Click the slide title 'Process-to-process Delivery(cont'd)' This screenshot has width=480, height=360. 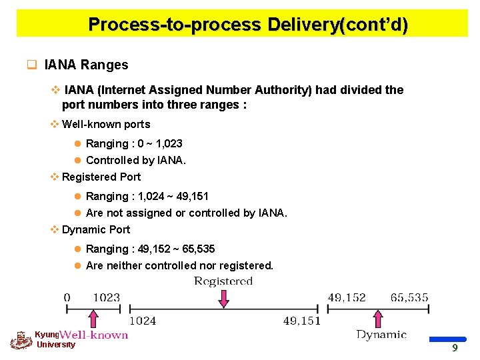click(x=247, y=25)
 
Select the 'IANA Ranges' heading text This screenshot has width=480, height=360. click(x=86, y=65)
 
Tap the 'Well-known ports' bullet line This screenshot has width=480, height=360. click(x=105, y=124)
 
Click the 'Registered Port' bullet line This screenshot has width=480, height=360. click(x=101, y=177)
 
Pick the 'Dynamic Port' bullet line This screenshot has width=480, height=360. click(x=95, y=229)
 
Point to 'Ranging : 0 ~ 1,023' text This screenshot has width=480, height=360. click(x=134, y=143)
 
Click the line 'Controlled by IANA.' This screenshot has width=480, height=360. click(x=136, y=160)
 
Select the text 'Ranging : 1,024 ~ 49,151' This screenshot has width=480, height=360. click(x=147, y=196)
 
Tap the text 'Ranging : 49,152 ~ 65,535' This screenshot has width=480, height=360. click(x=150, y=249)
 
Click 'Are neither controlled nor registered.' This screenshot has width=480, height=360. click(x=179, y=265)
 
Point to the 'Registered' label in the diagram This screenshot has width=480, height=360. click(x=223, y=281)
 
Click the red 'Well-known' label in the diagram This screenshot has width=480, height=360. click(x=95, y=335)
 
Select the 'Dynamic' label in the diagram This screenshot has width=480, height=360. click(x=381, y=335)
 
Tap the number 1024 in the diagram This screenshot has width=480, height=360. click(x=142, y=321)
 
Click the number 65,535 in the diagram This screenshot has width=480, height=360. click(x=409, y=297)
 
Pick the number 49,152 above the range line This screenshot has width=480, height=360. click(x=347, y=297)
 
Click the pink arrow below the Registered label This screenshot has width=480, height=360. click(x=223, y=298)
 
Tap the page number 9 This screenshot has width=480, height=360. click(x=454, y=347)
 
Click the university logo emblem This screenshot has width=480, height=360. click(x=21, y=341)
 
